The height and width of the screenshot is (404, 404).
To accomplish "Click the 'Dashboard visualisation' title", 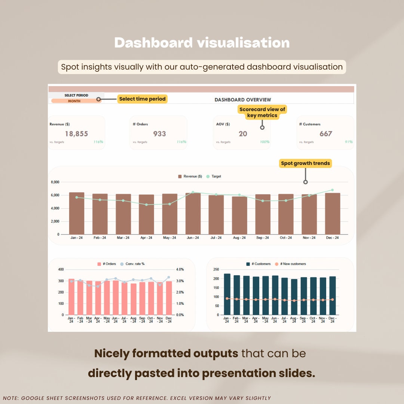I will pyautogui.click(x=202, y=43).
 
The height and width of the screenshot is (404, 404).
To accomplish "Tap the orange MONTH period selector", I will pyautogui.click(x=74, y=101).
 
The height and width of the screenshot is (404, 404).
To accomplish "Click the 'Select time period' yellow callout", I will pyautogui.click(x=143, y=99).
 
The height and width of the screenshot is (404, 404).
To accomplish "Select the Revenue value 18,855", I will pyautogui.click(x=76, y=134).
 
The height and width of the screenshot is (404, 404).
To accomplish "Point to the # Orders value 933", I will pyautogui.click(x=160, y=134).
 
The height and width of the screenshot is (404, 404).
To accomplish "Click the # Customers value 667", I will pyautogui.click(x=326, y=134).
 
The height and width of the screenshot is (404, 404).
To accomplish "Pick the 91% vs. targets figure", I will pyautogui.click(x=349, y=142).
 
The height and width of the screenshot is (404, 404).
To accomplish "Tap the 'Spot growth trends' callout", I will pyautogui.click(x=306, y=163).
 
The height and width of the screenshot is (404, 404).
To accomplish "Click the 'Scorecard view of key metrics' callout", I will pyautogui.click(x=262, y=112).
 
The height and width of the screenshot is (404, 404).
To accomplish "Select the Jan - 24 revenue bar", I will pyautogui.click(x=77, y=213).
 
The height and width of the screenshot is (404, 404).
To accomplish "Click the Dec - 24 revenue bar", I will pyautogui.click(x=333, y=214).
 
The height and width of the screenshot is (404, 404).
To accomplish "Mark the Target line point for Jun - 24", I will pyautogui.click(x=193, y=192).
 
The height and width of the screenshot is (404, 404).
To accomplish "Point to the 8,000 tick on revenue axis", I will pyautogui.click(x=55, y=182).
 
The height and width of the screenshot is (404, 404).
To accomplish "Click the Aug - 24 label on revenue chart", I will pyautogui.click(x=239, y=238).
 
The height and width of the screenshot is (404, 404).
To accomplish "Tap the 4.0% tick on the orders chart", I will pyautogui.click(x=180, y=269).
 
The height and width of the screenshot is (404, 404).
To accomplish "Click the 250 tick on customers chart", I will pyautogui.click(x=215, y=269).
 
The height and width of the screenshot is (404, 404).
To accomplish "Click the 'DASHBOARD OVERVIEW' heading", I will pyautogui.click(x=243, y=100).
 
